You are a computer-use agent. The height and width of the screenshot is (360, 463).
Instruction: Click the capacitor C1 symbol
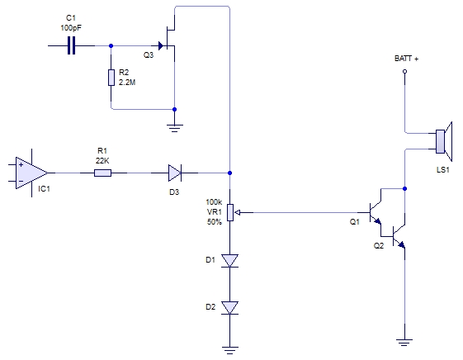[x=71, y=45]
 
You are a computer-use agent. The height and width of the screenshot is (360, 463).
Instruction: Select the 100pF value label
[x=71, y=28]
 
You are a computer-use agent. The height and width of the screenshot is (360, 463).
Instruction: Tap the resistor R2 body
[x=111, y=78]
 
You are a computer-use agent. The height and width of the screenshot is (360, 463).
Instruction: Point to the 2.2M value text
[x=127, y=83]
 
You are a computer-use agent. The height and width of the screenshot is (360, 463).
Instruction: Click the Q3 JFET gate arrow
[x=161, y=45]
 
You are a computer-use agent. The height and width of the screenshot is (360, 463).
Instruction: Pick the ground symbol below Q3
[x=174, y=128]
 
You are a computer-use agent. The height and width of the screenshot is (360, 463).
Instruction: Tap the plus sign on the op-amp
[x=21, y=164]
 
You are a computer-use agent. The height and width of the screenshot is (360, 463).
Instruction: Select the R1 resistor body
[x=103, y=173]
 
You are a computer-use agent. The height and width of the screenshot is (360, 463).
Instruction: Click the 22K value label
[x=102, y=161]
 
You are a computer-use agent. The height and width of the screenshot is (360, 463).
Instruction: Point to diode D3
[x=175, y=173]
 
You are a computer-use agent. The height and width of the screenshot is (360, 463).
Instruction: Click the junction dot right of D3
[x=229, y=173]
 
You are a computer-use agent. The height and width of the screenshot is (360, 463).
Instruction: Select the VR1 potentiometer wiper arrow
[x=239, y=212]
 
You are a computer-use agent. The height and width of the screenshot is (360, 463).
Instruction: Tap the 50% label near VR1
[x=215, y=222]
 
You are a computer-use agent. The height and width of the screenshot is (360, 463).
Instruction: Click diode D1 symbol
[x=229, y=261]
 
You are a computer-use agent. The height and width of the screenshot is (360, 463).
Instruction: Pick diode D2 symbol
[x=229, y=308]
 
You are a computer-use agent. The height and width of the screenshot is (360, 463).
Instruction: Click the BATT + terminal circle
[x=405, y=71]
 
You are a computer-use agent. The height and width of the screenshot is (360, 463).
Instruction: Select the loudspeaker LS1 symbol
[x=444, y=141]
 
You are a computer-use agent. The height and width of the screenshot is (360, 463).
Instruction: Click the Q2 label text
[x=379, y=246]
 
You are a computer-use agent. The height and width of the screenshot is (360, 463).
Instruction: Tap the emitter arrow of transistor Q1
[x=377, y=221]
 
